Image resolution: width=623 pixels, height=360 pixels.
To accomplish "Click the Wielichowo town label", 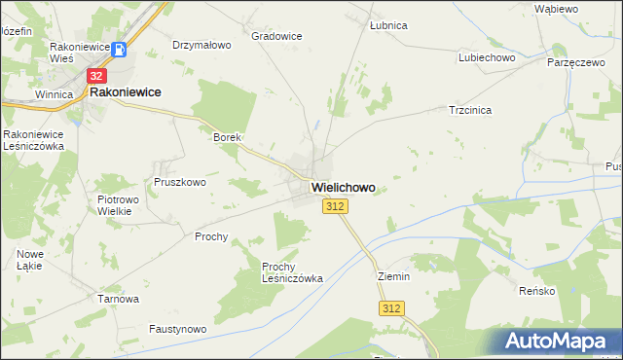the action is (x=343, y=186).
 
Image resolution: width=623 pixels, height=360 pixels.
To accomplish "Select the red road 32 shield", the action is (x=96, y=74).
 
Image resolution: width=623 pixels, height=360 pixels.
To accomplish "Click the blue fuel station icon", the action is (x=118, y=50).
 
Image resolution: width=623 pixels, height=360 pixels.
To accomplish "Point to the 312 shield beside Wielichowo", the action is (x=334, y=206).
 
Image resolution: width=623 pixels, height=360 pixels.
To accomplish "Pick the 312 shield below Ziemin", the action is (x=390, y=308).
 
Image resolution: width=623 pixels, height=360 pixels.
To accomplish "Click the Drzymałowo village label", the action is (x=202, y=45).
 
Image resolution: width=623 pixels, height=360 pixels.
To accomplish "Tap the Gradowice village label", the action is (x=276, y=36).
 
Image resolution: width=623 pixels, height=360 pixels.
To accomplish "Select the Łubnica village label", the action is (x=388, y=25).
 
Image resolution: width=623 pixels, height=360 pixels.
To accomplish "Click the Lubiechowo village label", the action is (x=487, y=57).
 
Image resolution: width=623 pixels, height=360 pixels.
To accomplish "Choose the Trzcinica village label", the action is (x=469, y=110).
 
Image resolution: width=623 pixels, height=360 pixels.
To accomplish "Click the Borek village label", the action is (x=227, y=138).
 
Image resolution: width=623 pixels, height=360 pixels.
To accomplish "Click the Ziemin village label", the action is (x=394, y=276).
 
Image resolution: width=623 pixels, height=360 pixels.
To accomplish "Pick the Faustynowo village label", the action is (x=177, y=330).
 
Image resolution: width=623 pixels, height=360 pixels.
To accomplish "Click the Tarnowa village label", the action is (x=119, y=299).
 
